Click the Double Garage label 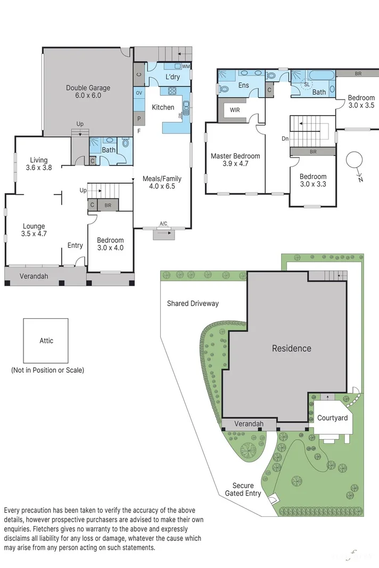pyautogui.click(x=88, y=92)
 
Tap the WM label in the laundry pyautogui.click(x=186, y=67)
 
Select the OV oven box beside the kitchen pyautogui.click(x=139, y=93)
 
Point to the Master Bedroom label pyautogui.click(x=235, y=160)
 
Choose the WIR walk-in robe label pyautogui.click(x=235, y=111)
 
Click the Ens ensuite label pyautogui.click(x=243, y=85)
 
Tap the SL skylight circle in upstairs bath pyautogui.click(x=306, y=84)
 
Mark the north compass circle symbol pyautogui.click(x=354, y=160)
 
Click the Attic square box pyautogui.click(x=46, y=341)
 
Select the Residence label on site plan pyautogui.click(x=291, y=348)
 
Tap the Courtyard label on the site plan pyautogui.click(x=332, y=418)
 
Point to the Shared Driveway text pyautogui.click(x=193, y=303)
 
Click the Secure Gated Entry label pyautogui.click(x=246, y=490)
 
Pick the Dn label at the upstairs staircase pyautogui.click(x=285, y=138)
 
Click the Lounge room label pyautogui.click(x=34, y=230)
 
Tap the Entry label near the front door pyautogui.click(x=75, y=245)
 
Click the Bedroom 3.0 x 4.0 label pyautogui.click(x=110, y=244)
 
